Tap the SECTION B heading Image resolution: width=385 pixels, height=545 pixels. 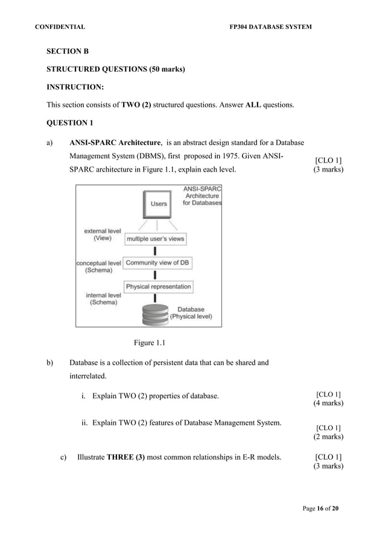point(68,52)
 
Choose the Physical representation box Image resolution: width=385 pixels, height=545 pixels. point(158,286)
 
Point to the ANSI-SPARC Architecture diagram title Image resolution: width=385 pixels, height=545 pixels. point(202,196)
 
